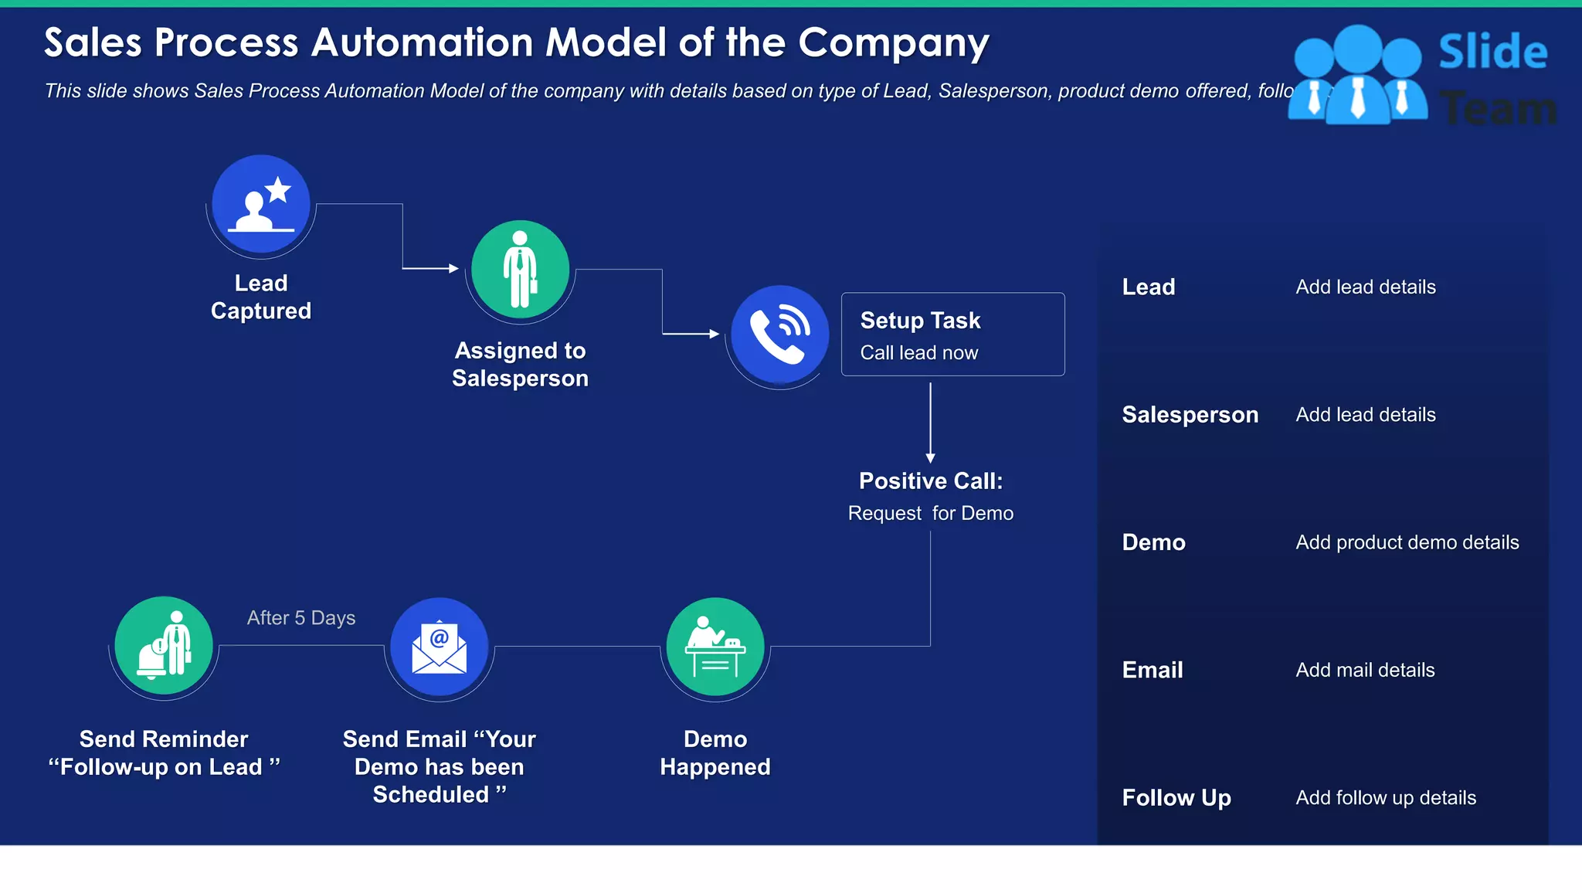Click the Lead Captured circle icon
tap(261, 204)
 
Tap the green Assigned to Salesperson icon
tap(520, 270)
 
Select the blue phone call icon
tap(779, 335)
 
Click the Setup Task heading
tap(920, 321)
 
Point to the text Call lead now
tap(919, 353)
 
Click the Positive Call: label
tap(931, 481)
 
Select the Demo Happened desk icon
tap(715, 647)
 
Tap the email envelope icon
tap(439, 647)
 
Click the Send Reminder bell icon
tap(164, 646)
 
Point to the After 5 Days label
tap(301, 618)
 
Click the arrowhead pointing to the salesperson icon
tap(453, 269)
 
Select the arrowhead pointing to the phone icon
tap(715, 334)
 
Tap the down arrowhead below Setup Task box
tap(930, 458)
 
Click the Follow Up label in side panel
tap(1176, 798)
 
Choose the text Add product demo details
tap(1407, 542)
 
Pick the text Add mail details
tap(1365, 671)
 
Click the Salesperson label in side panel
tap(1190, 415)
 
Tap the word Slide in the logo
tap(1492, 53)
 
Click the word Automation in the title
tap(425, 43)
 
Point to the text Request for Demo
tap(931, 514)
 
